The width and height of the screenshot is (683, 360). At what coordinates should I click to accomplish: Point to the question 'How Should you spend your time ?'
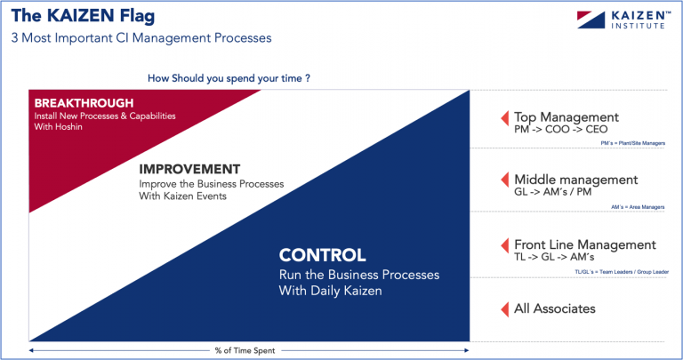tap(229, 78)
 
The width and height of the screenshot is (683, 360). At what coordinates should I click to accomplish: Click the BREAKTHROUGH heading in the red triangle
tap(84, 103)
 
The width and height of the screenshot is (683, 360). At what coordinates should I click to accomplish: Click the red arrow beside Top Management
tap(503, 117)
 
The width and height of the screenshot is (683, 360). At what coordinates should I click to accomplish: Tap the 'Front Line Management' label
tap(584, 244)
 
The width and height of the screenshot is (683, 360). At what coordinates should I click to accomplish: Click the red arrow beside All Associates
tap(503, 308)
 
